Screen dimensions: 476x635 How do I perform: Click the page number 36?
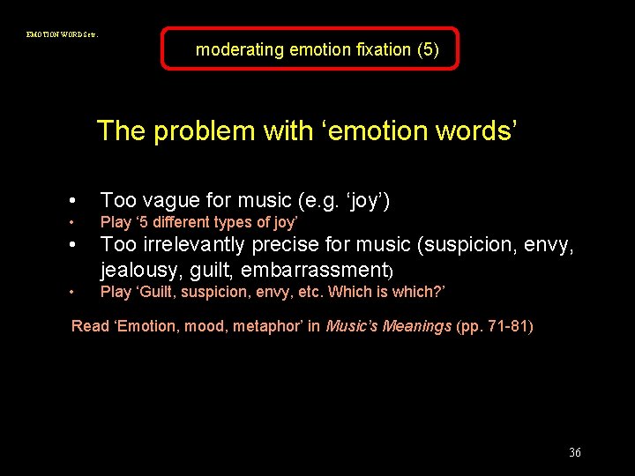pyautogui.click(x=575, y=452)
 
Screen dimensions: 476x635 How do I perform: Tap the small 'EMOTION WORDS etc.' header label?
pyautogui.click(x=62, y=34)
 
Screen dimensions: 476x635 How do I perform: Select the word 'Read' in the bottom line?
pyautogui.click(x=90, y=326)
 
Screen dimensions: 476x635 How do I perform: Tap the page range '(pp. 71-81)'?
pyautogui.click(x=495, y=326)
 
